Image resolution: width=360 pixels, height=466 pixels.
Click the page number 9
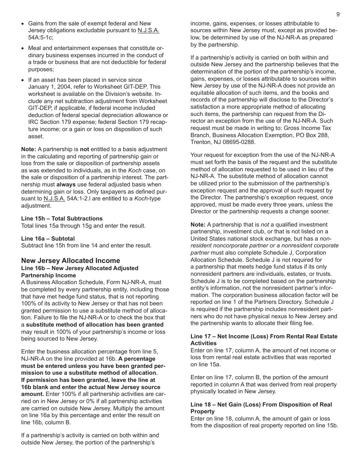coord(338,14)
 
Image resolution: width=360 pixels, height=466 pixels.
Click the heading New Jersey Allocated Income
coord(70,261)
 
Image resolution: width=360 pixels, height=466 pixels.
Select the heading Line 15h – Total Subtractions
coord(62,219)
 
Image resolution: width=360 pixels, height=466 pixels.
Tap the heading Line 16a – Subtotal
coord(48,239)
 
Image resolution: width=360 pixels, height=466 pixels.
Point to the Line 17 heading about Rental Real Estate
coord(264,340)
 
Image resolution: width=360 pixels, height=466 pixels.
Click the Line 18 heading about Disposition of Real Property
coord(261,408)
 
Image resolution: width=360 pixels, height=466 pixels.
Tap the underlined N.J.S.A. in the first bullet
coord(149,31)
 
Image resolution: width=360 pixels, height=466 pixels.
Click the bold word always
coord(66,185)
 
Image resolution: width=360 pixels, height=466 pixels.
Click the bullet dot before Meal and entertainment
coord(23,48)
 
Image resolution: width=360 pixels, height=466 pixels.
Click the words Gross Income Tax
coord(307,128)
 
